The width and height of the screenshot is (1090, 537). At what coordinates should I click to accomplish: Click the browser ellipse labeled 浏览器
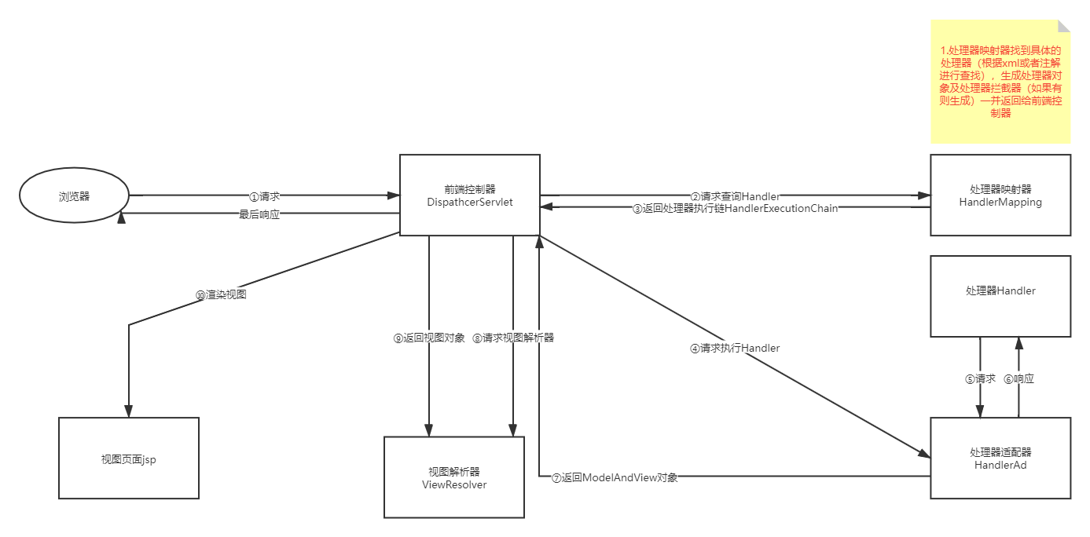(x=75, y=196)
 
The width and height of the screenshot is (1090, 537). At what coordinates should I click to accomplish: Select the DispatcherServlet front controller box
(x=470, y=195)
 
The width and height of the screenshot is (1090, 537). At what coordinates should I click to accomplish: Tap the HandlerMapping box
(x=1000, y=195)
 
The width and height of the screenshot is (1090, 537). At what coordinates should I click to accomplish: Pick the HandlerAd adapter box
(x=1000, y=458)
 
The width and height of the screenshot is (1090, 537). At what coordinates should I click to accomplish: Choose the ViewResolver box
(x=454, y=477)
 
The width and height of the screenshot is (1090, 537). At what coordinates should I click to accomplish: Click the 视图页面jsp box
(x=129, y=458)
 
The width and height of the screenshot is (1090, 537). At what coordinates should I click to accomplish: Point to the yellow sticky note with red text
(x=1000, y=82)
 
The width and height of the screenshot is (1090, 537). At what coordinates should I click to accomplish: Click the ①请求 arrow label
(x=265, y=196)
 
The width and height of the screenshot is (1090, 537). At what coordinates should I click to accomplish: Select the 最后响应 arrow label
(x=259, y=214)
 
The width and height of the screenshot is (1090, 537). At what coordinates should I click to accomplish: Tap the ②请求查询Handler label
(x=735, y=196)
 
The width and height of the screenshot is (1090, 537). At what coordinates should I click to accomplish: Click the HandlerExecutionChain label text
(x=781, y=209)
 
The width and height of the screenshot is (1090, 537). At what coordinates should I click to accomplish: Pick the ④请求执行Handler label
(x=735, y=348)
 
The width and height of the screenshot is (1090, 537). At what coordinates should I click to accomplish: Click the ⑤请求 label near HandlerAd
(x=980, y=378)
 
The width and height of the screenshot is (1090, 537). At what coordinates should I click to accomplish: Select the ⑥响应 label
(x=1019, y=378)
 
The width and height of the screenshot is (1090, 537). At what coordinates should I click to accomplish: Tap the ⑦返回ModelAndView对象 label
(x=615, y=477)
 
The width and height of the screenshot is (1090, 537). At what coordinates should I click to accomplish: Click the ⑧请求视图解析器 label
(x=514, y=338)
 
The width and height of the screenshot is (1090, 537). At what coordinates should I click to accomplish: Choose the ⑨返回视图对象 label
(x=429, y=338)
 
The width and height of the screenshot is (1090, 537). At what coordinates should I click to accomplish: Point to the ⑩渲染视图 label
(x=222, y=294)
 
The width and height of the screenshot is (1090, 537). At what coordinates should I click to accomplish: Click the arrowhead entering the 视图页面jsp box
(x=129, y=412)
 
